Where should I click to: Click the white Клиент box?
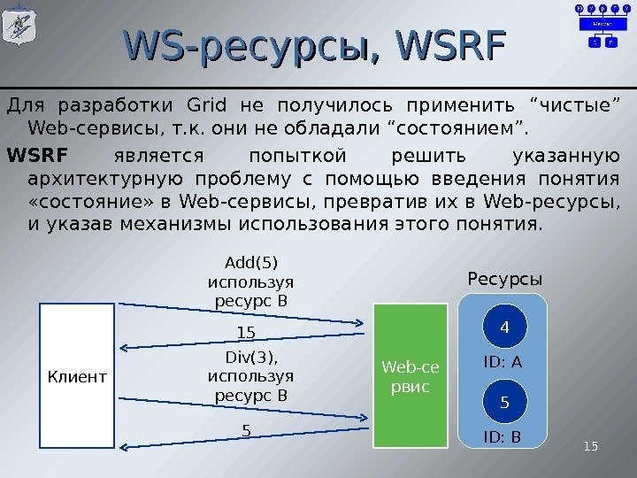point(77,376)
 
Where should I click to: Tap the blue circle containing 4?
point(504,328)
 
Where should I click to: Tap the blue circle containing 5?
point(504,403)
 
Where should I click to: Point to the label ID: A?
point(503,362)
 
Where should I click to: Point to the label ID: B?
point(503,436)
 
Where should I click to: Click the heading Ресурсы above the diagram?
point(503,280)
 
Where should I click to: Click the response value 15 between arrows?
point(247,333)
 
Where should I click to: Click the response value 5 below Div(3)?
point(247,431)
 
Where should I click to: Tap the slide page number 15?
point(591,446)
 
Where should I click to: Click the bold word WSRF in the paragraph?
point(36,157)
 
